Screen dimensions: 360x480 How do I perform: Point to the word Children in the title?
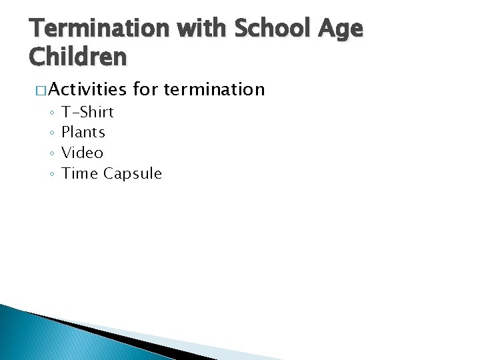coord(78,57)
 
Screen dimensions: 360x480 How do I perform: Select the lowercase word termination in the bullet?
coord(214,89)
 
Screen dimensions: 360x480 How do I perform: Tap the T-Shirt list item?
coord(87,112)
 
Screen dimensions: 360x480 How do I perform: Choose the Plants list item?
coord(83,133)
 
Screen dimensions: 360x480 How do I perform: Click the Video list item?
coord(82,153)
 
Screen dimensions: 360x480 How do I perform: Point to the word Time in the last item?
coord(79,174)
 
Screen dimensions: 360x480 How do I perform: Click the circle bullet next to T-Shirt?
coord(51,113)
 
